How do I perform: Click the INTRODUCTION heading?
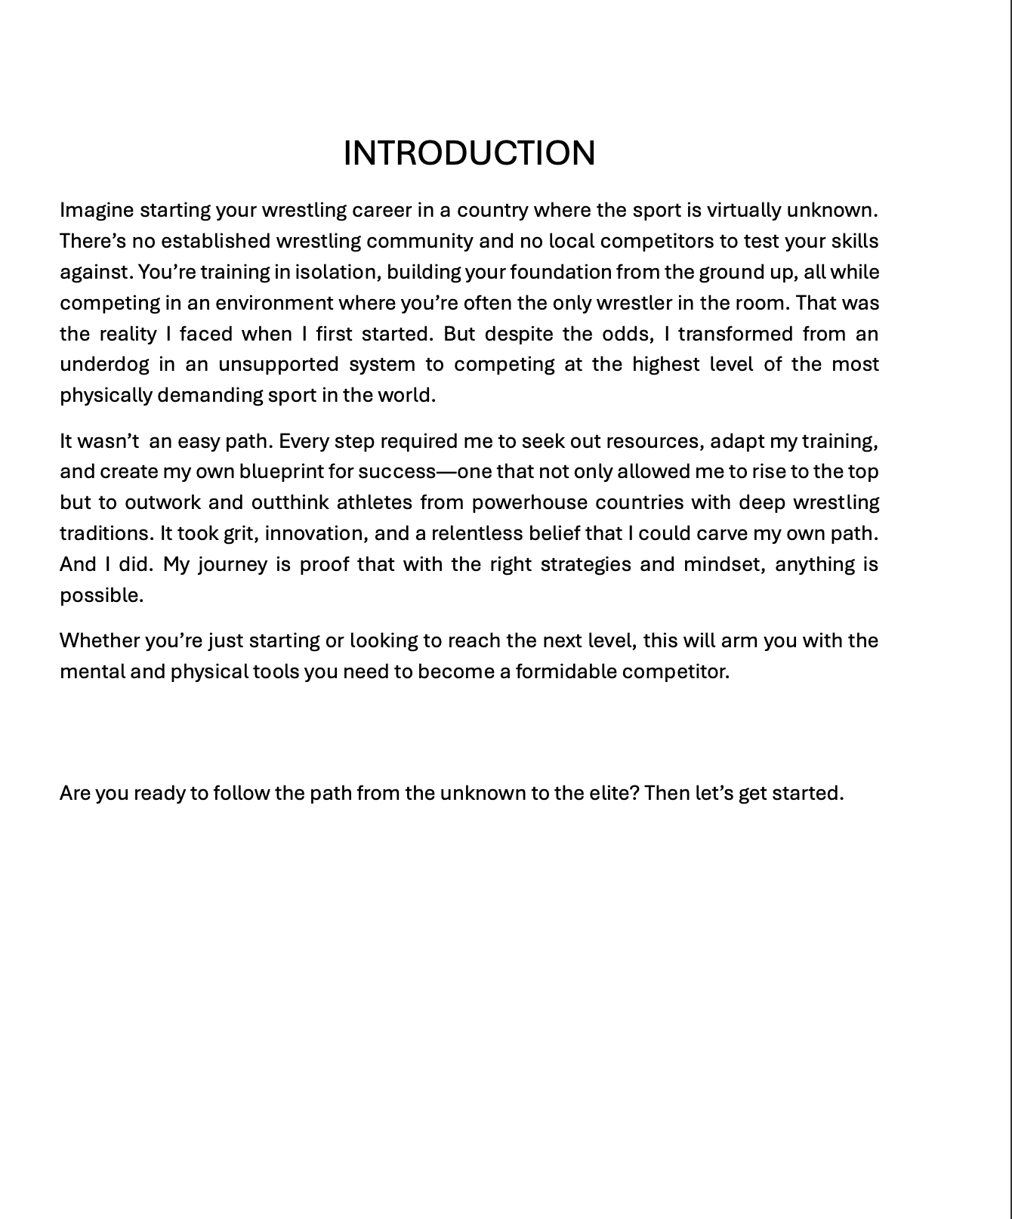[x=469, y=153]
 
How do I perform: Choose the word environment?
[x=274, y=303]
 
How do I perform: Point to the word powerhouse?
[x=529, y=502]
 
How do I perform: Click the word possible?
[x=101, y=595]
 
